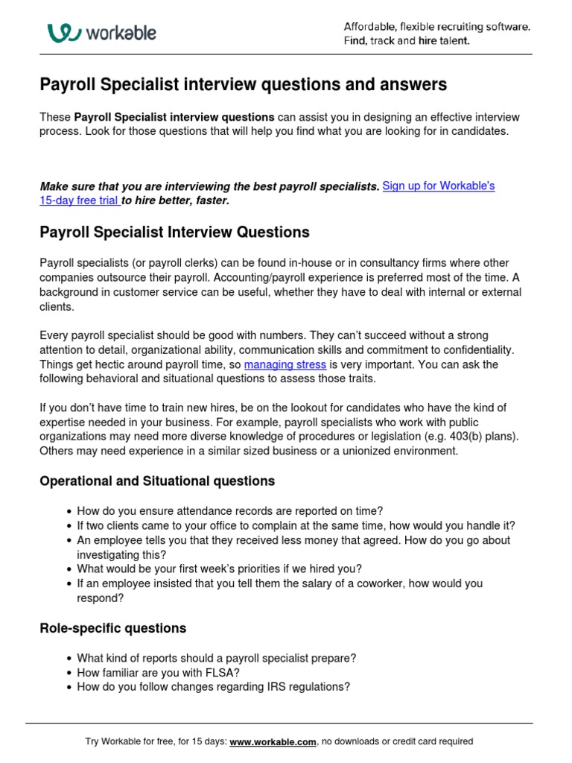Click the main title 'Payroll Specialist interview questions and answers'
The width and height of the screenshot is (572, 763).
[x=243, y=85]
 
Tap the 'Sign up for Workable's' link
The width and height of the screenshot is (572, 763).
[x=438, y=186]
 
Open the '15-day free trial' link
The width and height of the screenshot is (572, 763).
[x=80, y=200]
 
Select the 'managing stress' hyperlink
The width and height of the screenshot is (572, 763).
[x=285, y=364]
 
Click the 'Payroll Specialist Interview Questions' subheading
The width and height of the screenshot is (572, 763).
[x=174, y=232]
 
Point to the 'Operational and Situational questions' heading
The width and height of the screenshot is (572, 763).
[x=157, y=481]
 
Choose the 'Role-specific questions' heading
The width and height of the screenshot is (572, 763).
[x=112, y=628]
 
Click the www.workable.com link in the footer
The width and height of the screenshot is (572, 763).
[x=273, y=741]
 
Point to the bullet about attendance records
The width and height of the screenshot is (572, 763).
[x=229, y=511]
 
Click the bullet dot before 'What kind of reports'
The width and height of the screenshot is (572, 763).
[x=69, y=659]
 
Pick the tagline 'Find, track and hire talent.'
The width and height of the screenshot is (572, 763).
[x=407, y=41]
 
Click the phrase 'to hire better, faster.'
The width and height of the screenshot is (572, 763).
[x=176, y=200]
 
